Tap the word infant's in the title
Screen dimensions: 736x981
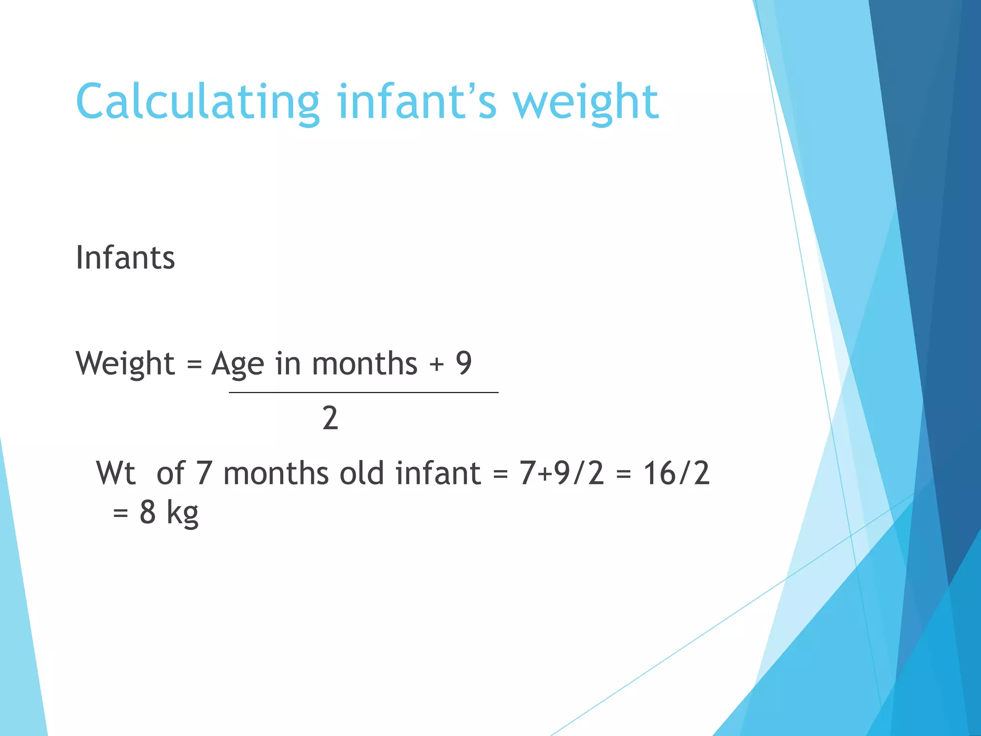[x=416, y=102]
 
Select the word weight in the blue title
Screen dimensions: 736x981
[x=585, y=102]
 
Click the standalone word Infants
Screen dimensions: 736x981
[x=125, y=258]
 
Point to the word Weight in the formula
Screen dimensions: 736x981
[x=125, y=364]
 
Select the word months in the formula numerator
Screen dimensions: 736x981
[x=365, y=364]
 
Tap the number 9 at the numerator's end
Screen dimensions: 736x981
[x=464, y=363]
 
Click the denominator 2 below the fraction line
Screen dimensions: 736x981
[x=330, y=418]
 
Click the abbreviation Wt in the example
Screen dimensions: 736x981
[x=116, y=473]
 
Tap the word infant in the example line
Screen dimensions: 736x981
[x=438, y=473]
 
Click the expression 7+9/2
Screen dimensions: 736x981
[x=561, y=473]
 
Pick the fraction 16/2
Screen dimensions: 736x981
[x=676, y=473]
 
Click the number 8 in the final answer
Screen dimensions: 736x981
[x=148, y=512]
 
